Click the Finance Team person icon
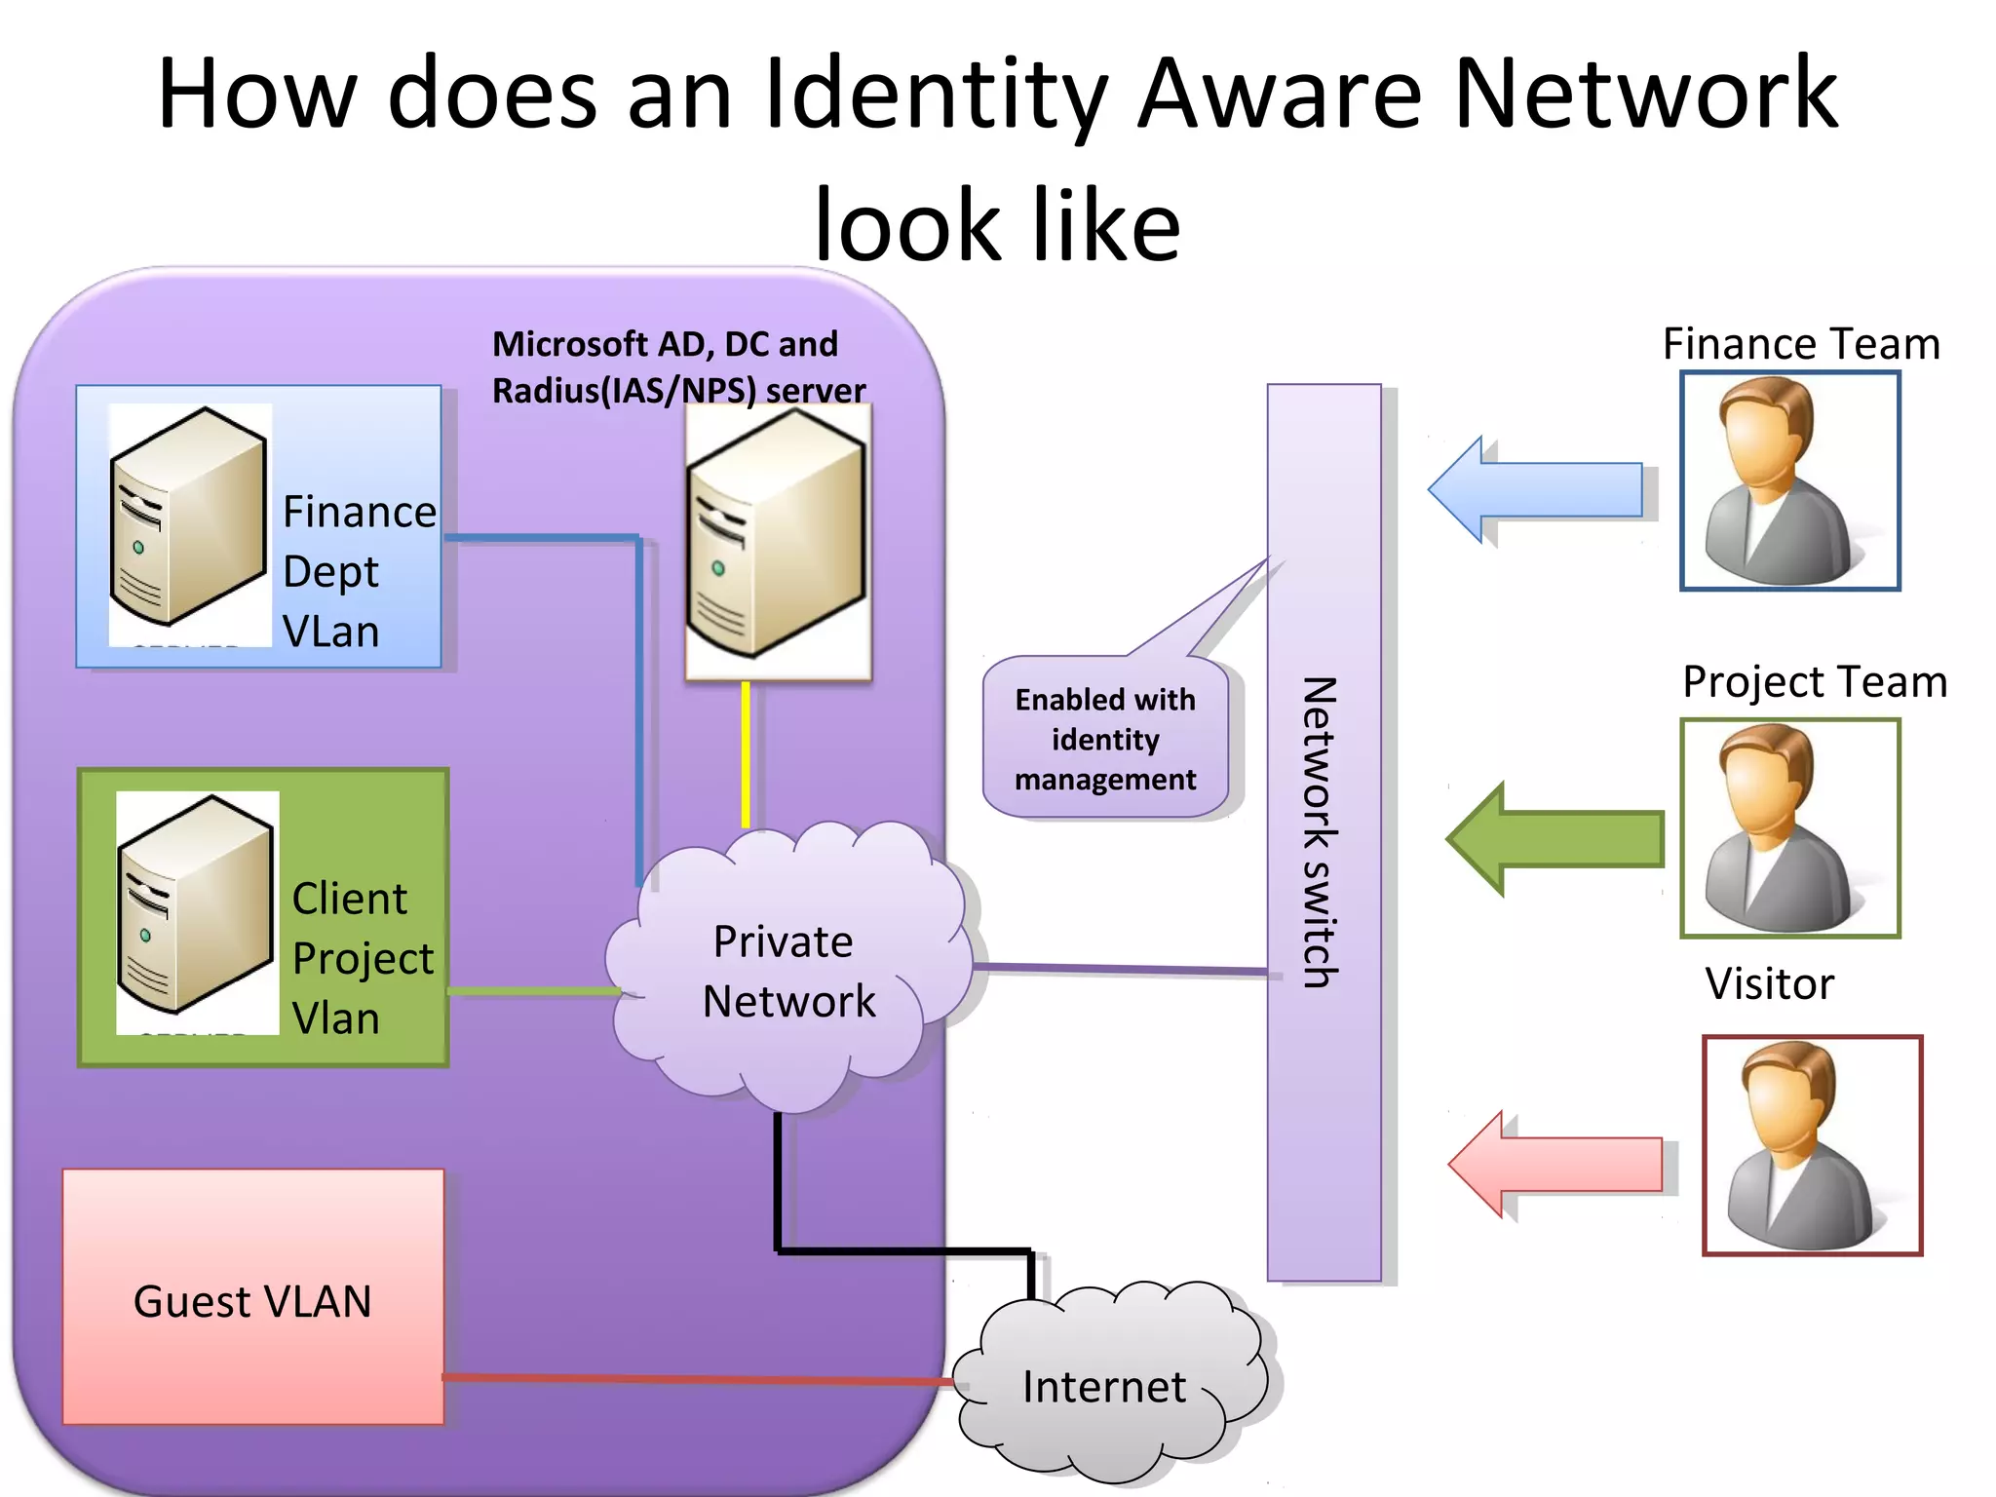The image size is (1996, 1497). [1789, 480]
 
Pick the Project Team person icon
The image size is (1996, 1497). [1789, 828]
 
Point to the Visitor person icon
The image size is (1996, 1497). [1812, 1145]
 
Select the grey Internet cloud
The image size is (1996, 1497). [1106, 1384]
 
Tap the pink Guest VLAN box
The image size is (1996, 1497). [253, 1296]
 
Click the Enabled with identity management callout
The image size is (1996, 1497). [1105, 739]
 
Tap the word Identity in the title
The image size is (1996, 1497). [935, 95]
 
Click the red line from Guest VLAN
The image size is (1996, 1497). [697, 1379]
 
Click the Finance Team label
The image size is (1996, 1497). [1800, 344]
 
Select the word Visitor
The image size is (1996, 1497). [1769, 983]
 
